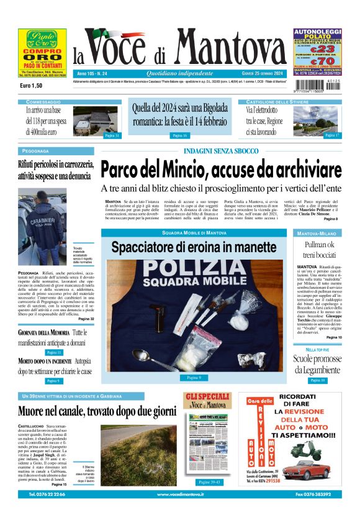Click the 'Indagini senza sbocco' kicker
[x=220, y=152]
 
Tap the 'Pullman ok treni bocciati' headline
[x=318, y=250]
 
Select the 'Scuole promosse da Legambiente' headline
[x=317, y=364]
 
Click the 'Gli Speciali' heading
[x=207, y=397]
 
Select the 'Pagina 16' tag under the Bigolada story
[x=180, y=135]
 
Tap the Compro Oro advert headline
[x=42, y=53]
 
